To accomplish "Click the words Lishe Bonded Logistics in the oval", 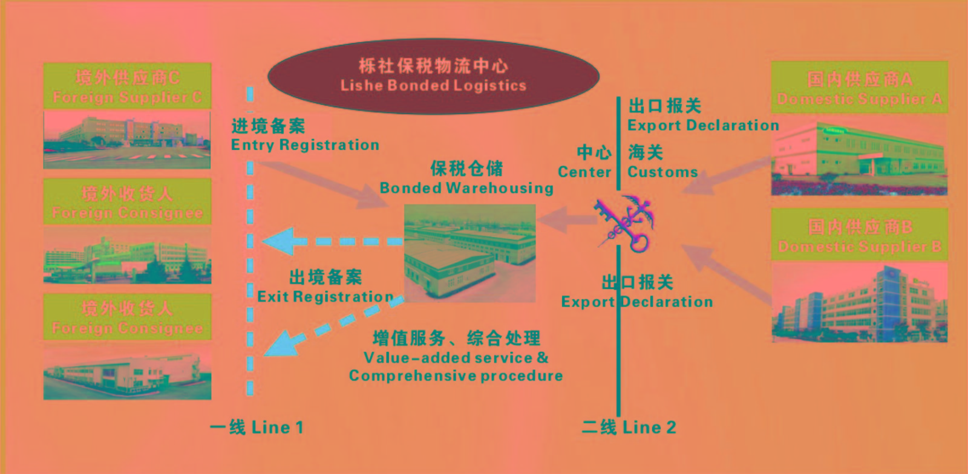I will point(433,85).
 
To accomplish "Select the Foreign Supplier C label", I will point(127,97).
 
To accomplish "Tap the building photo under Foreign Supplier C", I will point(127,139).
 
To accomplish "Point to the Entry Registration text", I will point(305,145).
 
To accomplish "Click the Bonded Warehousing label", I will point(466,188).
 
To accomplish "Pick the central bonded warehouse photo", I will point(469,253).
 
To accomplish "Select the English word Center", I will point(584,172).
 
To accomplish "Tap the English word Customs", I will point(662,172).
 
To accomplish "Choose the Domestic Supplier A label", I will point(859,99).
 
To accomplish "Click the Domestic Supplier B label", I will point(859,247).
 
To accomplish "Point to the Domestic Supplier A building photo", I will point(859,156).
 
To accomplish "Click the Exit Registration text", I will point(325,297).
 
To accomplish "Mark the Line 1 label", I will point(257,427).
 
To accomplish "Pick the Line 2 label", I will point(629,427).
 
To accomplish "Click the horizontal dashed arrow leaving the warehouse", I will point(333,241).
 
